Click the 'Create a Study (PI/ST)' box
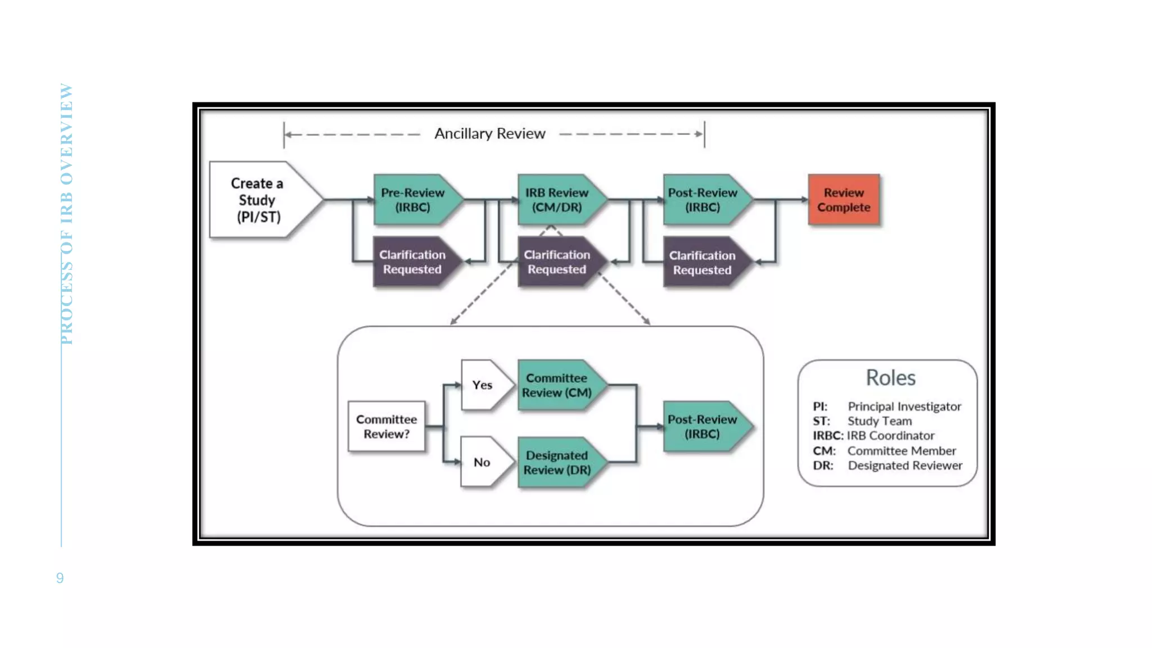pyautogui.click(x=258, y=200)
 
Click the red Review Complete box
pyautogui.click(x=843, y=200)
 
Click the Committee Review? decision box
pyautogui.click(x=386, y=426)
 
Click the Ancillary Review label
pyautogui.click(x=489, y=134)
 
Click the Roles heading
pyautogui.click(x=890, y=377)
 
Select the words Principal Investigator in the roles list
pyautogui.click(x=904, y=406)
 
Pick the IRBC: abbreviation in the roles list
pyautogui.click(x=827, y=435)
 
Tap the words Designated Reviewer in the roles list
pyautogui.click(x=904, y=465)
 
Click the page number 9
pyautogui.click(x=60, y=578)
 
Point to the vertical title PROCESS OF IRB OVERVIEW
pyautogui.click(x=66, y=214)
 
